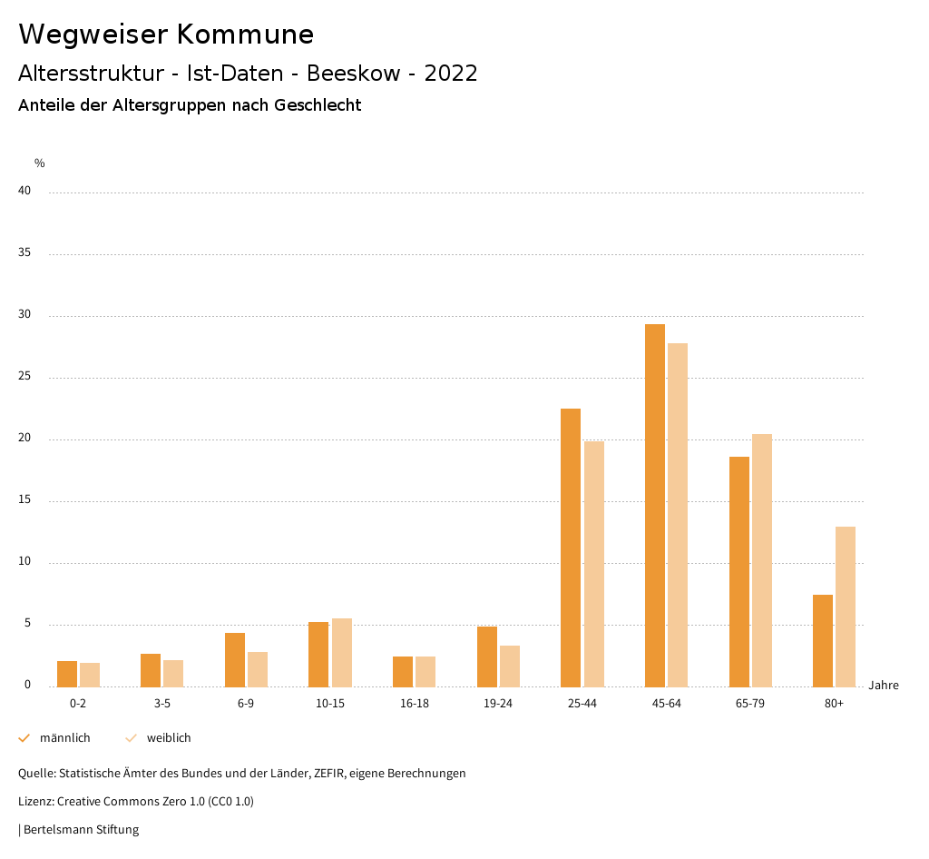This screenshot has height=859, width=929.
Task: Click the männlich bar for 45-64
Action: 654,505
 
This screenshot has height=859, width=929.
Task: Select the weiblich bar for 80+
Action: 846,607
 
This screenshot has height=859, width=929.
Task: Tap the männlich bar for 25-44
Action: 571,548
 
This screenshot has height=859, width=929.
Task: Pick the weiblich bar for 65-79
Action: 762,560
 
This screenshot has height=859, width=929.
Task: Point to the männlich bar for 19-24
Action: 487,657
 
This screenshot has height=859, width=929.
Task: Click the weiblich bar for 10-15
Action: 342,652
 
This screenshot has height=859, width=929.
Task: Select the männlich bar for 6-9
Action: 235,659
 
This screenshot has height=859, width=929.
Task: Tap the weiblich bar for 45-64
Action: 678,515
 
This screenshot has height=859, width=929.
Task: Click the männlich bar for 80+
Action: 823,640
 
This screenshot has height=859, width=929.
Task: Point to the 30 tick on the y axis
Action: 24,315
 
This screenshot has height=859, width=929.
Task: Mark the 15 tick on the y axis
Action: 24,500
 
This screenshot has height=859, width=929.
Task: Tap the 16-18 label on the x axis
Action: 414,704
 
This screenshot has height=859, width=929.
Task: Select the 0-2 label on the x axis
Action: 78,704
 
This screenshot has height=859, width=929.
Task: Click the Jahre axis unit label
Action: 884,686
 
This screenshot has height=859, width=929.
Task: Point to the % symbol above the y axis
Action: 40,163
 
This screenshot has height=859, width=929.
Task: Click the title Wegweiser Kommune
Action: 166,35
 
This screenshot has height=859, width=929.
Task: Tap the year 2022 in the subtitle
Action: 451,74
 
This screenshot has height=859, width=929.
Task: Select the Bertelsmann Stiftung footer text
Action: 81,829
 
